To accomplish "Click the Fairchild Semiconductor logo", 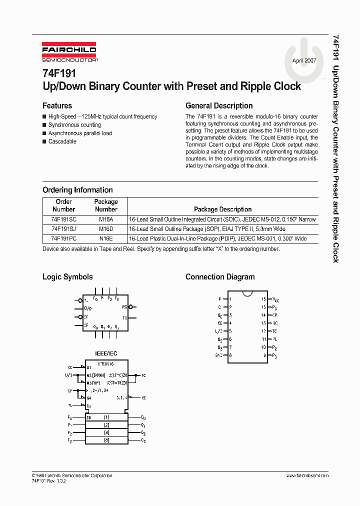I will pyautogui.click(x=69, y=52).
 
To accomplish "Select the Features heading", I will pyautogui.click(x=57, y=106).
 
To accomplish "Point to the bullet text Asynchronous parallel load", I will pyautogui.click(x=80, y=133).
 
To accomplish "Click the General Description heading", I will pyautogui.click(x=219, y=106).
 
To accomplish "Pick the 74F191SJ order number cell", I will pyautogui.click(x=63, y=229).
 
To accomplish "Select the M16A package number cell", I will pyautogui.click(x=106, y=219).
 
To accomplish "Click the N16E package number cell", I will pyautogui.click(x=106, y=238).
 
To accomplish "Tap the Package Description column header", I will pyautogui.click(x=222, y=209).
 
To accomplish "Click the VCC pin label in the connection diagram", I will pyautogui.click(x=275, y=299).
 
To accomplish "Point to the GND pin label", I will pyautogui.click(x=218, y=355).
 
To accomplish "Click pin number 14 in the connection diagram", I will pyautogui.click(x=263, y=315).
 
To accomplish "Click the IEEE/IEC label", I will pyautogui.click(x=106, y=353).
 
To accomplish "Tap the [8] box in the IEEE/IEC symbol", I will pyautogui.click(x=106, y=440).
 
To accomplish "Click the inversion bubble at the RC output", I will pyautogui.click(x=130, y=306).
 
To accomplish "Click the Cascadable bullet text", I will pyautogui.click(x=62, y=142).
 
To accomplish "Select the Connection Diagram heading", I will pyautogui.click(x=220, y=277).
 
